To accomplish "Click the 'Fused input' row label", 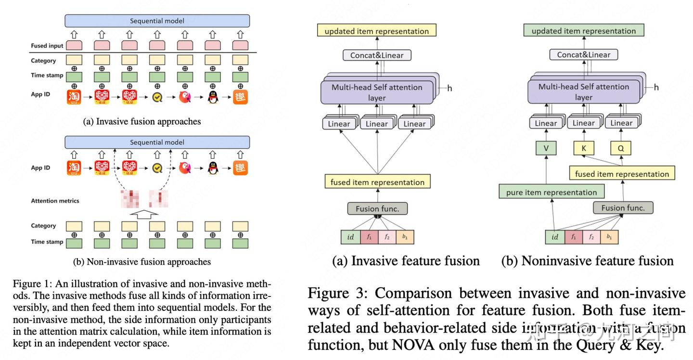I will click(x=47, y=46).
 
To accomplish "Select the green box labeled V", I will click(x=546, y=148).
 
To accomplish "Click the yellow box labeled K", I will click(x=584, y=148).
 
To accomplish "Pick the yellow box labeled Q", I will click(x=621, y=148).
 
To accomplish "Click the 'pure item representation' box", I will click(x=551, y=193).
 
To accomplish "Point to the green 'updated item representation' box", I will click(x=583, y=31).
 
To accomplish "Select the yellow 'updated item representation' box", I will click(x=376, y=31).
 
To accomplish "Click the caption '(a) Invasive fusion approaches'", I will click(x=141, y=121).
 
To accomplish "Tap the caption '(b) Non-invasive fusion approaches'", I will click(x=141, y=262).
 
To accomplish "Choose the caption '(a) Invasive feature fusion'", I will click(x=406, y=261).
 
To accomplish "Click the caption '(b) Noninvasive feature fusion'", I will click(x=587, y=261).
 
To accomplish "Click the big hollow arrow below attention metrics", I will click(x=144, y=214).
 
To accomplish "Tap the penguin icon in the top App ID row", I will click(x=212, y=97).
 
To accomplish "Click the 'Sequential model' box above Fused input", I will click(x=157, y=21).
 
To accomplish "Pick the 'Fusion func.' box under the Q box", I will click(x=623, y=208).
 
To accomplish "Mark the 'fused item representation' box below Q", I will click(x=622, y=174).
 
